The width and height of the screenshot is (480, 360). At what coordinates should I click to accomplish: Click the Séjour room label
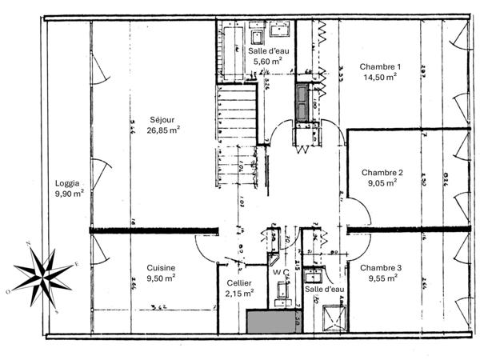[162, 118]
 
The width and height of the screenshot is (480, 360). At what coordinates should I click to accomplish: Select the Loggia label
[68, 182]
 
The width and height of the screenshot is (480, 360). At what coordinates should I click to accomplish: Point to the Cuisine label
[161, 268]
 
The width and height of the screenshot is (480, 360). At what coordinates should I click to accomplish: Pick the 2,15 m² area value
[238, 294]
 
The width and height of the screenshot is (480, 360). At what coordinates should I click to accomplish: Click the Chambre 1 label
[380, 67]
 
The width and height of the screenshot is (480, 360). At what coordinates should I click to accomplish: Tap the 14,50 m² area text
[380, 78]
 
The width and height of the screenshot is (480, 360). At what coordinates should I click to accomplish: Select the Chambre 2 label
[382, 172]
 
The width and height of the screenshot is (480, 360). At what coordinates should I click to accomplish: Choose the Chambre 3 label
[380, 268]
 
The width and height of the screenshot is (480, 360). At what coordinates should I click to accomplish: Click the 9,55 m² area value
[380, 279]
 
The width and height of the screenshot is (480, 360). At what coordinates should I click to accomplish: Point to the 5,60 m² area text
[267, 61]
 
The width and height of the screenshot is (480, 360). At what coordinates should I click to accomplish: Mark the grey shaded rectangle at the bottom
[269, 322]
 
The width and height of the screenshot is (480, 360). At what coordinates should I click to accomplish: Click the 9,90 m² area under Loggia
[68, 193]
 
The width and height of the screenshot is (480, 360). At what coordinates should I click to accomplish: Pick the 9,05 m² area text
[382, 183]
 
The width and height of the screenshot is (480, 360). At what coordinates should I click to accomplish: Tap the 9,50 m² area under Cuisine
[161, 278]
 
